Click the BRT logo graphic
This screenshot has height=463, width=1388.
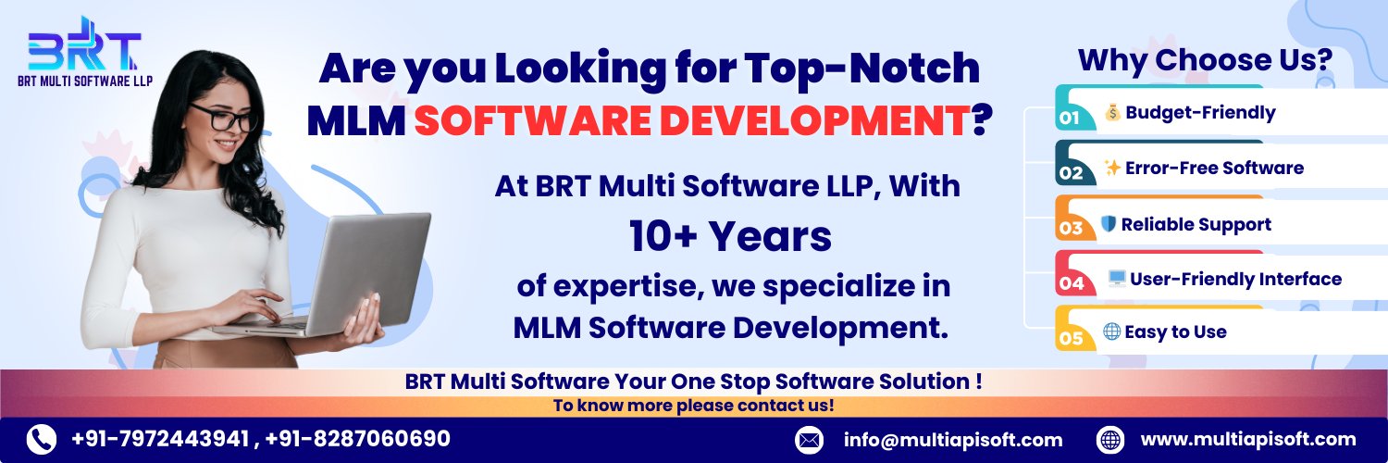84,44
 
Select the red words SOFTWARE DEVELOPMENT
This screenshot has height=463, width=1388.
692,120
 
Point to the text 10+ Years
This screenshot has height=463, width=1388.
731,237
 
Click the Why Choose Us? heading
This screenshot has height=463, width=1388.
1205,61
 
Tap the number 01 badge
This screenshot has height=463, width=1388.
1070,118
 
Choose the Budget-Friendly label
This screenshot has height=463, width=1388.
1200,113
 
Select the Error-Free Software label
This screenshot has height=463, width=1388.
1214,168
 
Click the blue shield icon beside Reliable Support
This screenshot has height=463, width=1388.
1108,223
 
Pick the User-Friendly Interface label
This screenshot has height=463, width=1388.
1235,280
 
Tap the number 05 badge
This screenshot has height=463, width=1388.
1071,338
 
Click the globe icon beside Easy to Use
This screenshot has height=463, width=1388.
1111,332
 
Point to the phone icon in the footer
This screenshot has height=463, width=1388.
42,440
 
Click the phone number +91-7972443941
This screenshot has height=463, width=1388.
160,439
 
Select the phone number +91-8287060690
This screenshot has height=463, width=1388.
357,439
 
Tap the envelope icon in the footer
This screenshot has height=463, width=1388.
810,440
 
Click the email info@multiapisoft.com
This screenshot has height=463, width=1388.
953,440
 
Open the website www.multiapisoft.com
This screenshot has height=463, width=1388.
1248,440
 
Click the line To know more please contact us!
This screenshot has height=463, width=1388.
693,406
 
